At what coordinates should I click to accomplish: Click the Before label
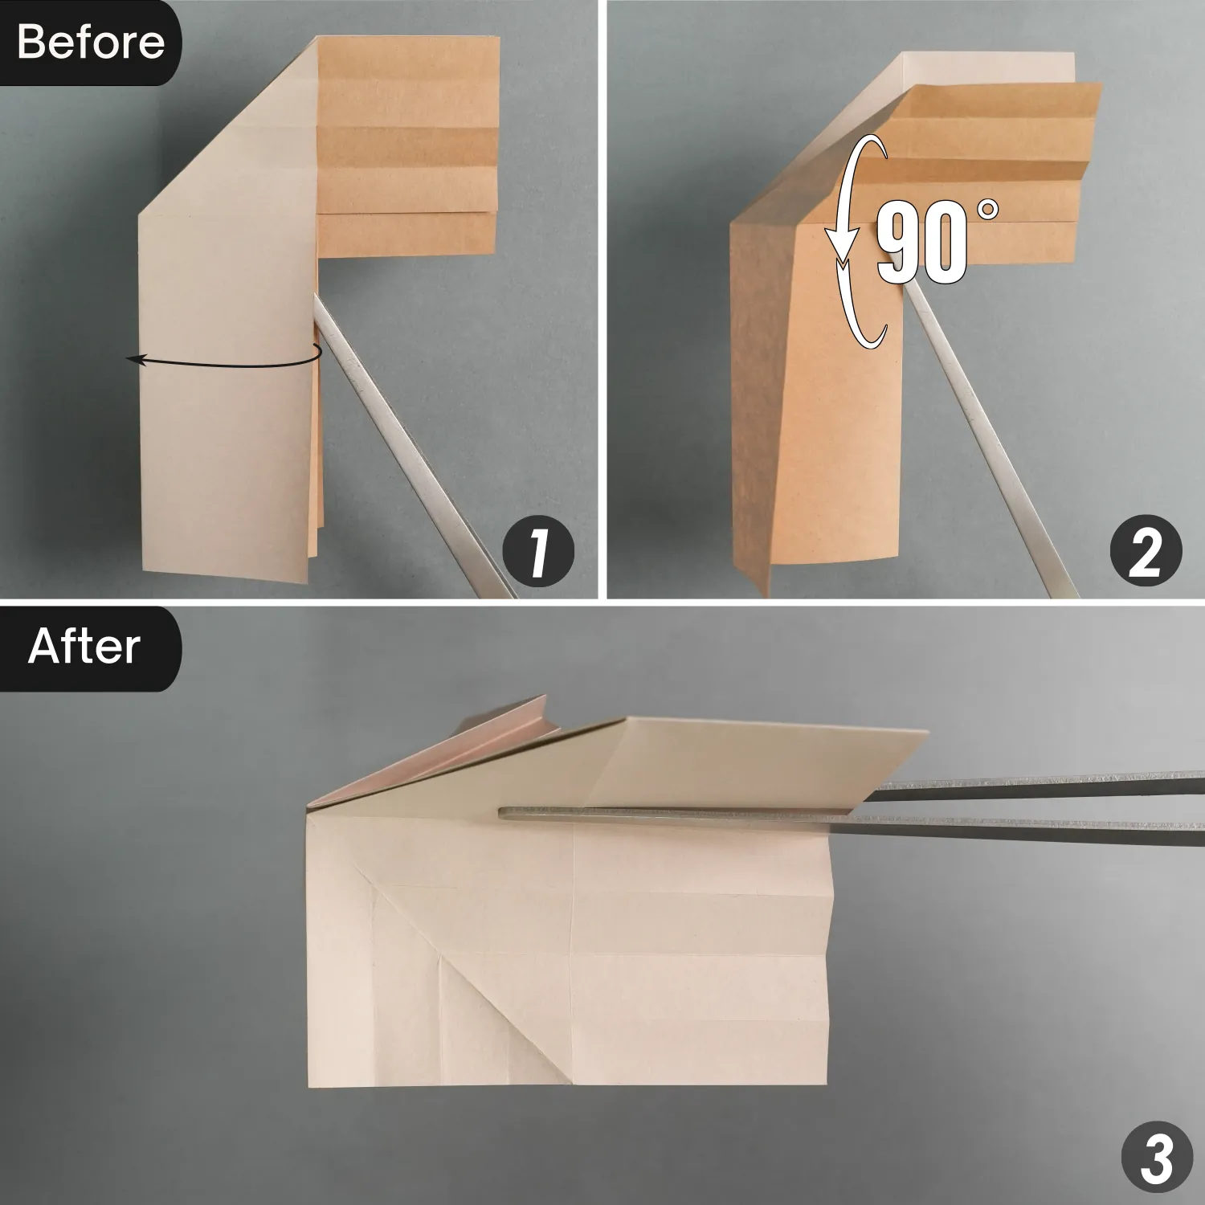tap(90, 42)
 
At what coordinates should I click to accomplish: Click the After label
tap(84, 647)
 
